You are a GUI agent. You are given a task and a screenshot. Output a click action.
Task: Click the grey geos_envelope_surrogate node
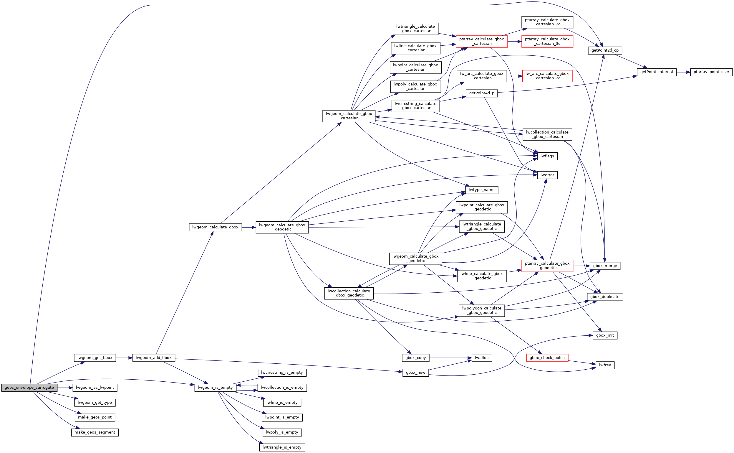click(29, 387)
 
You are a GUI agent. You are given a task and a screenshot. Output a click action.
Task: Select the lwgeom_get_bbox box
click(95, 358)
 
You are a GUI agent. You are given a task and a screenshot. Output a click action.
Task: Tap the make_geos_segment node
click(95, 432)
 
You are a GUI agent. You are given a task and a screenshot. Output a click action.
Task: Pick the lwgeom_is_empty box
click(215, 387)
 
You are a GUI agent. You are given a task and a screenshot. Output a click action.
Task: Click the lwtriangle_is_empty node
click(282, 447)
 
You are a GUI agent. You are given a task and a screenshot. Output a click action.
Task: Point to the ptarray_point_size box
click(711, 72)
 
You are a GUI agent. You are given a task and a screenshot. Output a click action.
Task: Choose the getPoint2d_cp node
click(605, 50)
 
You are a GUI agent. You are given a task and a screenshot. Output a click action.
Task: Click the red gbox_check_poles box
click(547, 358)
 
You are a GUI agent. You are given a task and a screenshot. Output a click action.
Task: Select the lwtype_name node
click(481, 190)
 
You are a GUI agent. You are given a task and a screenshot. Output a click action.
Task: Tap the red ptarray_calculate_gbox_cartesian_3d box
click(547, 41)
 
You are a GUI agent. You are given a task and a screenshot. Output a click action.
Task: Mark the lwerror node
click(547, 175)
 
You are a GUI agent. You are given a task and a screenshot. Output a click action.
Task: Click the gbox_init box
click(605, 335)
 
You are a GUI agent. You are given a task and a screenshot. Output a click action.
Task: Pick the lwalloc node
click(481, 358)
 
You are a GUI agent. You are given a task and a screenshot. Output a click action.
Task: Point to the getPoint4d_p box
click(481, 93)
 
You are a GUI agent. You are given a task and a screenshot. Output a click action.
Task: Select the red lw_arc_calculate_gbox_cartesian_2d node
click(547, 76)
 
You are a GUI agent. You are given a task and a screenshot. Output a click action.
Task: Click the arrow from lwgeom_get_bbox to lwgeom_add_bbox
click(124, 358)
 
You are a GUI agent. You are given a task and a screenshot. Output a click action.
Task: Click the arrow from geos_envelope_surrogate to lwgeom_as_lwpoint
click(65, 388)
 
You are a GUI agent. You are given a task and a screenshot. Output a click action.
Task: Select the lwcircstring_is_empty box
click(282, 373)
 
